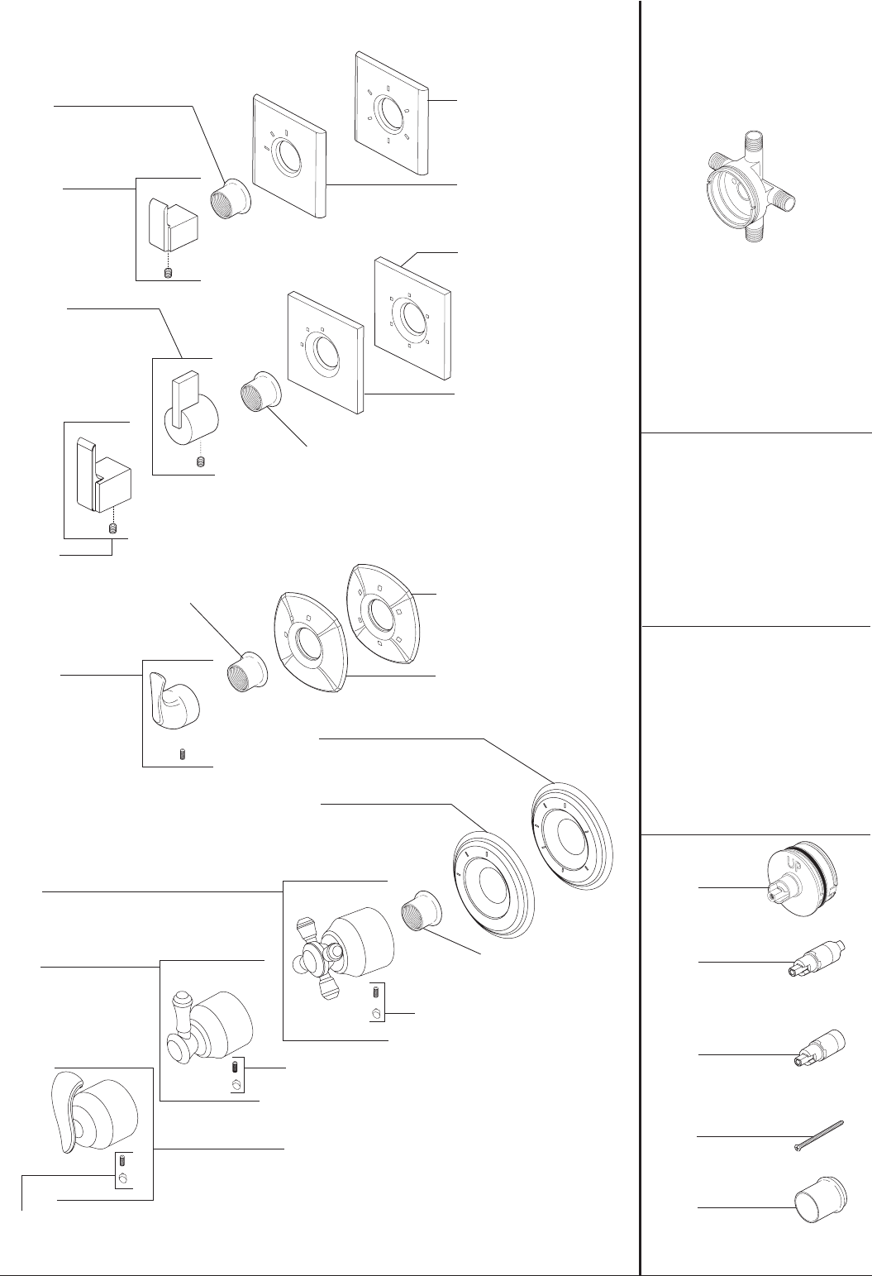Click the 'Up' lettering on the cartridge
[x=796, y=862]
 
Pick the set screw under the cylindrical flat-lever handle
[x=199, y=462]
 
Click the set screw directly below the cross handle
[x=376, y=992]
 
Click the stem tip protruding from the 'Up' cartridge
[x=774, y=893]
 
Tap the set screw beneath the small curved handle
[x=183, y=755]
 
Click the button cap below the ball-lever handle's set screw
[x=236, y=1085]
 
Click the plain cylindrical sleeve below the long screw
[x=820, y=1200]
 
